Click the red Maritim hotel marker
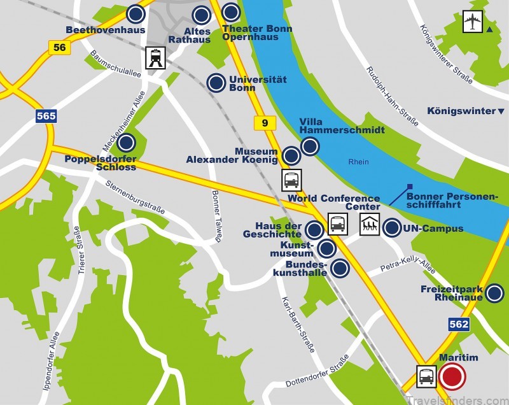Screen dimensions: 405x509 tap(454, 376)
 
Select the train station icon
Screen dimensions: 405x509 tap(155, 58)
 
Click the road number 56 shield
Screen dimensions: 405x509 tap(59, 46)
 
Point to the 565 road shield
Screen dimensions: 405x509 tap(46, 116)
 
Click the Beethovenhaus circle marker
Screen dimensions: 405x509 tap(134, 13)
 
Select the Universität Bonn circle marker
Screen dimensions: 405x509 tap(216, 82)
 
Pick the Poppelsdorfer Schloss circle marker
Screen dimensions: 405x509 tap(127, 143)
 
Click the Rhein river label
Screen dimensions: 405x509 tap(359, 162)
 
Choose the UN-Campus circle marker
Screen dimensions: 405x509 tap(392, 227)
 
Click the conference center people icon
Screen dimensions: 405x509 tap(369, 224)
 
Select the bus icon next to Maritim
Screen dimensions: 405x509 tap(426, 376)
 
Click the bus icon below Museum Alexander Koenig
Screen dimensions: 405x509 tap(291, 180)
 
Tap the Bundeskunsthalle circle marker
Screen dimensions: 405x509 tap(340, 268)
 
